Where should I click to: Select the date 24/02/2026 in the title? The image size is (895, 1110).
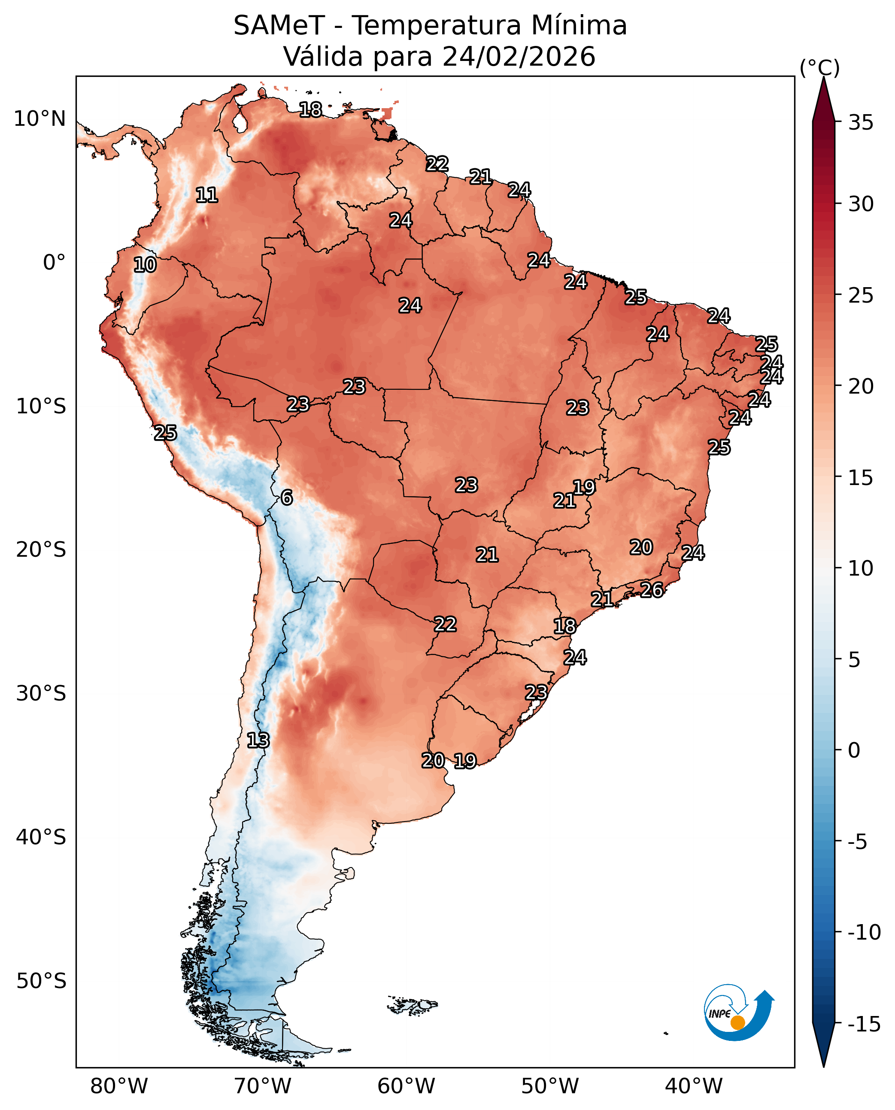tap(519, 57)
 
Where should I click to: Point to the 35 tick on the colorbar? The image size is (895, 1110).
tap(861, 123)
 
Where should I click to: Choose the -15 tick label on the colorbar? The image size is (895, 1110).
tap(864, 1025)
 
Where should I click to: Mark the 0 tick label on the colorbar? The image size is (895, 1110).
tap(854, 750)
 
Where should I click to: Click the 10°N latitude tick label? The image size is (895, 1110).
tap(39, 119)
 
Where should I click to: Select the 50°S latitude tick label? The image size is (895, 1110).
tap(41, 981)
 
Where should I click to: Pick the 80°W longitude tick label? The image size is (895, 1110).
tap(118, 1086)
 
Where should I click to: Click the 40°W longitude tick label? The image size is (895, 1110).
tap(693, 1086)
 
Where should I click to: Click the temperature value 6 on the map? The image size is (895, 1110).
tap(287, 498)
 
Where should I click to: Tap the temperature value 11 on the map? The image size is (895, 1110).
tap(207, 195)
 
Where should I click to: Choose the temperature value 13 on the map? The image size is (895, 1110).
tap(258, 741)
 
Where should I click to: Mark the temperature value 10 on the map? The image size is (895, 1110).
tap(145, 265)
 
